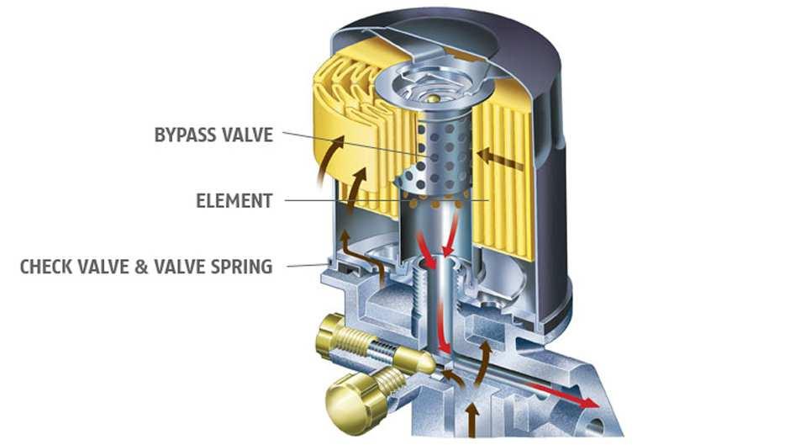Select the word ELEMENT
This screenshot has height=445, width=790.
tap(234, 201)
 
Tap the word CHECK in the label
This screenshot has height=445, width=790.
tap(45, 267)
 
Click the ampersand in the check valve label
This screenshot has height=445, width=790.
tap(141, 267)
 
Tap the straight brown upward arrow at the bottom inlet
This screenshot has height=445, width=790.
tap(471, 420)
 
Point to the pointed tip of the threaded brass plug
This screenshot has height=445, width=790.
tap(432, 364)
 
